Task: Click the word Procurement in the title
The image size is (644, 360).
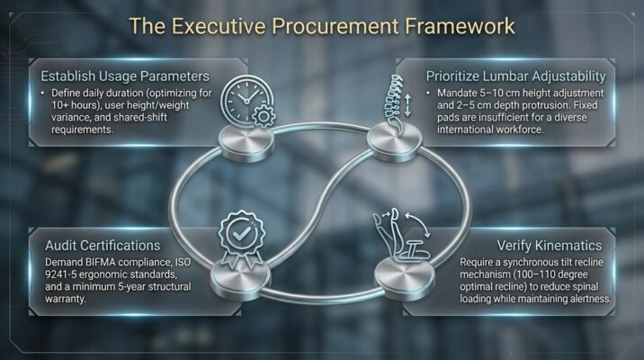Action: click(x=335, y=26)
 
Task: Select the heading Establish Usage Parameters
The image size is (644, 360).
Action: click(x=125, y=76)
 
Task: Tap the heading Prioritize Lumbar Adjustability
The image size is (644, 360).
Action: click(x=516, y=76)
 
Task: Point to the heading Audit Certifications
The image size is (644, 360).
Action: click(x=103, y=246)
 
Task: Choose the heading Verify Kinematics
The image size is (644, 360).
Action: click(x=550, y=246)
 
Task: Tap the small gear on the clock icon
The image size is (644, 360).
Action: click(x=264, y=116)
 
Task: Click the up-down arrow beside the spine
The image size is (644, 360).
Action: click(x=407, y=105)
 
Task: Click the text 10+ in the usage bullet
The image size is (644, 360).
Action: click(x=59, y=105)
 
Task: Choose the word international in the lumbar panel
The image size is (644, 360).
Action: click(x=462, y=130)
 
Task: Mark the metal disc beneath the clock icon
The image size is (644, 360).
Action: click(x=246, y=142)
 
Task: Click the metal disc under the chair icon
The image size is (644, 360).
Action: click(x=405, y=277)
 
